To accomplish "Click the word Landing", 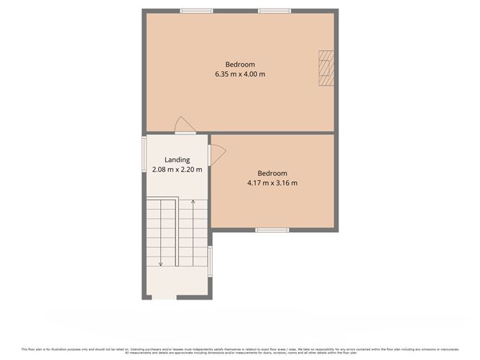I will coord(177,160).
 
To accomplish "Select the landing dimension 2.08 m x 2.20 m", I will coord(177,170).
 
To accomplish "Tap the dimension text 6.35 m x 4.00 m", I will coord(240,74).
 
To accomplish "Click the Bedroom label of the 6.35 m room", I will coord(240,64).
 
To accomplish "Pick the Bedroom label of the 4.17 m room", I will coord(272,173).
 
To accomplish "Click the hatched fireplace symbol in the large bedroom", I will coord(326,68).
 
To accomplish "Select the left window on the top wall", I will coord(196,11).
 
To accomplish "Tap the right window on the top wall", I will coord(274,11).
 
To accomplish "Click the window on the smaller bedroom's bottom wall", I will coord(273,230).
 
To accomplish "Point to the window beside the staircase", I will coord(210,260).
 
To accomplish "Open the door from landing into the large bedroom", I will coord(185,126).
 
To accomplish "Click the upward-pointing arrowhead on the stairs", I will coord(193,203).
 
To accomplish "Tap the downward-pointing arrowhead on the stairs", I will coord(161,264).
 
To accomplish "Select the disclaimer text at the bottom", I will coord(240,351).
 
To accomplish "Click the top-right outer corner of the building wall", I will coord(336,10).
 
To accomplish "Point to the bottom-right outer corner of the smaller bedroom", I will coord(336,230).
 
